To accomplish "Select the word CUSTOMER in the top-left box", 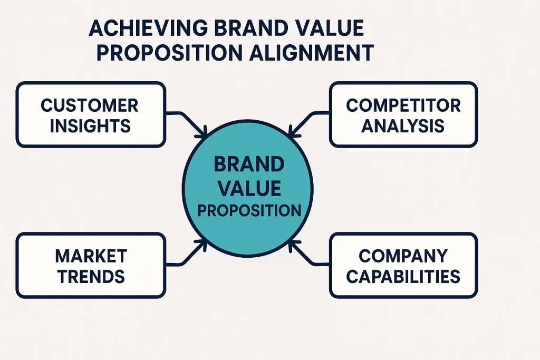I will (x=90, y=105).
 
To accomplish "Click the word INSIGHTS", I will (x=90, y=125).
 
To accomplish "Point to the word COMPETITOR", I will (x=403, y=105).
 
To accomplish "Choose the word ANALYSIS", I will (x=403, y=125).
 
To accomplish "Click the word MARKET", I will (x=91, y=256).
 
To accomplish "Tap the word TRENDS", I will (x=91, y=276).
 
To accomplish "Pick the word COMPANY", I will (x=403, y=256).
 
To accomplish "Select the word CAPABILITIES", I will (x=403, y=276).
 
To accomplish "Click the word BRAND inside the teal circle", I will (x=248, y=165).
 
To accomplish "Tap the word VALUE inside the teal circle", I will (x=248, y=188).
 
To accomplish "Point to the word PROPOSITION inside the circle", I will (x=248, y=210).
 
